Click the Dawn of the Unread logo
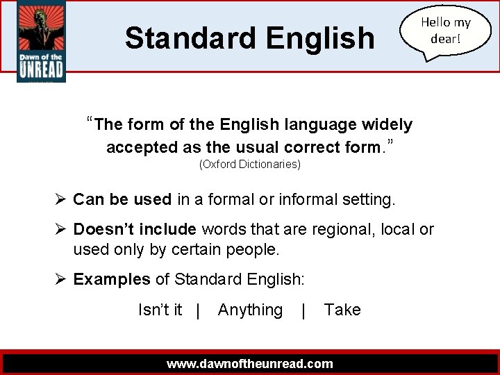(x=41, y=42)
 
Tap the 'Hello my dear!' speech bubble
(x=445, y=31)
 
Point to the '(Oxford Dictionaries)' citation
(x=250, y=165)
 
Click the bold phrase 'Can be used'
(x=122, y=200)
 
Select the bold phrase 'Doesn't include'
(x=137, y=229)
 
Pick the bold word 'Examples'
(x=112, y=279)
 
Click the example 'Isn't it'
(x=160, y=310)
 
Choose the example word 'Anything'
(x=250, y=310)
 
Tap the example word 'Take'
(x=342, y=310)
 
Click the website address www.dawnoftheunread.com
(x=250, y=363)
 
